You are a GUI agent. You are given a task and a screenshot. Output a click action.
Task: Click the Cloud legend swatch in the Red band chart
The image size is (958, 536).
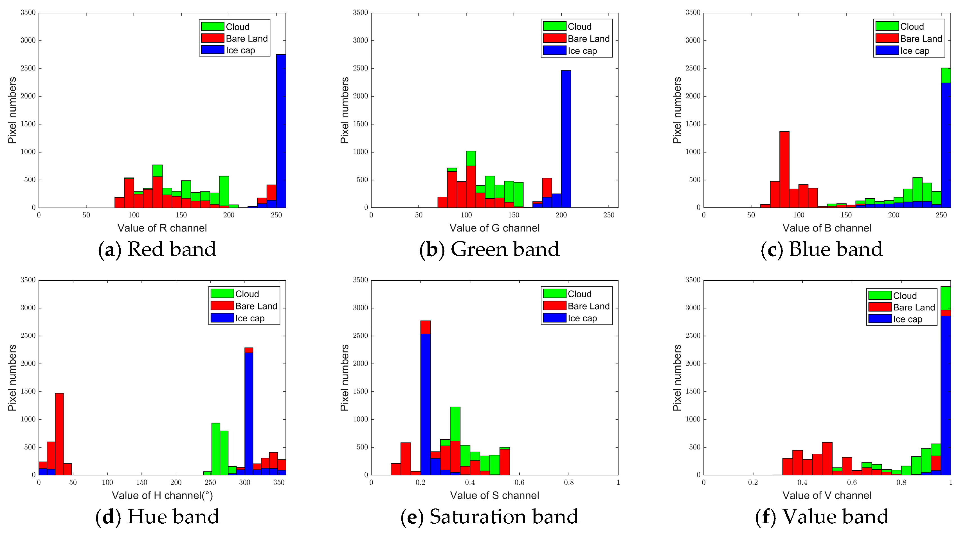[212, 27]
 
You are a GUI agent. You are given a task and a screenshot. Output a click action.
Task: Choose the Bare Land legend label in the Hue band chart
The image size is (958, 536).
[256, 306]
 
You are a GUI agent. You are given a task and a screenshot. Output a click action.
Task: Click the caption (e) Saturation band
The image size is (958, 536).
[489, 517]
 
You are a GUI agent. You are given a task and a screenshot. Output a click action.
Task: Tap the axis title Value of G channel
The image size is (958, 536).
[494, 228]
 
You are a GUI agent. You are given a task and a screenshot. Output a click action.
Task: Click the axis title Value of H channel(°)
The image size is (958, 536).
[162, 496]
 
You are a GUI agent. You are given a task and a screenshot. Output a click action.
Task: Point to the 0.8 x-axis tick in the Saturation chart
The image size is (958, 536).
[569, 483]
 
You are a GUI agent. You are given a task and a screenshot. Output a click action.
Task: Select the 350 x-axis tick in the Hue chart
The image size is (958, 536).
[279, 483]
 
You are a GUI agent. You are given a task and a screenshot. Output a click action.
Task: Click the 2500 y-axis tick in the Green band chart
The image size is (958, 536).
[360, 68]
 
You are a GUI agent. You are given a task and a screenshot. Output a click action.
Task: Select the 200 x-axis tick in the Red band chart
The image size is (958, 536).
[229, 215]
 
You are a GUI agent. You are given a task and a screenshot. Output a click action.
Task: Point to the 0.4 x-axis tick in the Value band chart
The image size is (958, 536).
[802, 483]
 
